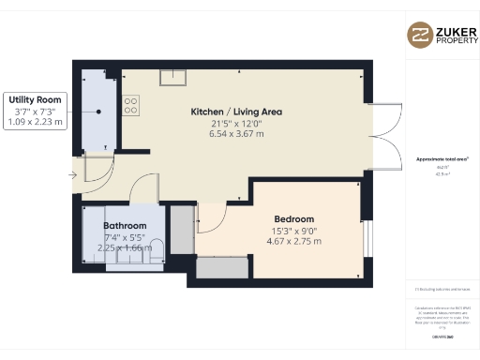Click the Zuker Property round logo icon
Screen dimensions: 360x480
[x=419, y=35]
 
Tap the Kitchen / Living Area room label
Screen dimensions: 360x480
[x=236, y=112]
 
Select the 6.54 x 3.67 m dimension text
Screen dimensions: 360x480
[x=236, y=133]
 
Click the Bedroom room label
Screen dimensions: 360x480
[x=294, y=219]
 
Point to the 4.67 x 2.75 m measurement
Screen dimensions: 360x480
[x=294, y=241]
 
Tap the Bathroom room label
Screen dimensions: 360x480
[x=125, y=226]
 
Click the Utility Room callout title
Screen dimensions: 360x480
[x=35, y=99]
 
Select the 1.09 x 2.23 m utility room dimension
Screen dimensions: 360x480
[x=35, y=121]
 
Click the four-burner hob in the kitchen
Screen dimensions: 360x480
[x=130, y=105]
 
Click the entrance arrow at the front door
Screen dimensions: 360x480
[x=74, y=173]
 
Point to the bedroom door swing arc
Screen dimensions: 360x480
[x=211, y=219]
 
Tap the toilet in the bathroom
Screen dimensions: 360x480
[x=157, y=248]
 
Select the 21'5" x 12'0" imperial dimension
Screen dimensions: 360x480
[x=236, y=123]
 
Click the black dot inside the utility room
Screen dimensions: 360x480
[x=97, y=112]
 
